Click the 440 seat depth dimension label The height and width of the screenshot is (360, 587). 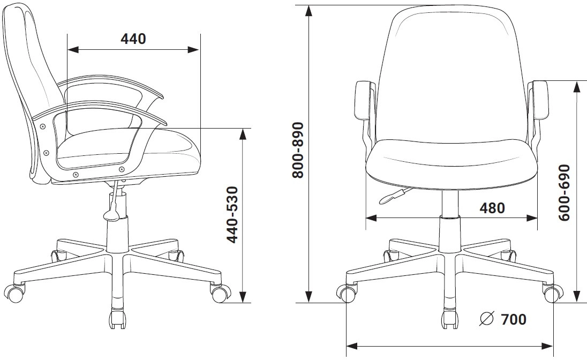(x=133, y=39)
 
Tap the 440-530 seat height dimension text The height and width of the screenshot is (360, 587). (x=233, y=215)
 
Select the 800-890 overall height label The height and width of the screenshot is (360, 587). (x=298, y=150)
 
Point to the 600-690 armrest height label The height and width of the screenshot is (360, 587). (x=564, y=192)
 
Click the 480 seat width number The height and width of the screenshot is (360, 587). (x=492, y=208)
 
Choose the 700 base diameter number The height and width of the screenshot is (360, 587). (x=514, y=319)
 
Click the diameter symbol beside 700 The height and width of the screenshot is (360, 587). (x=487, y=319)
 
